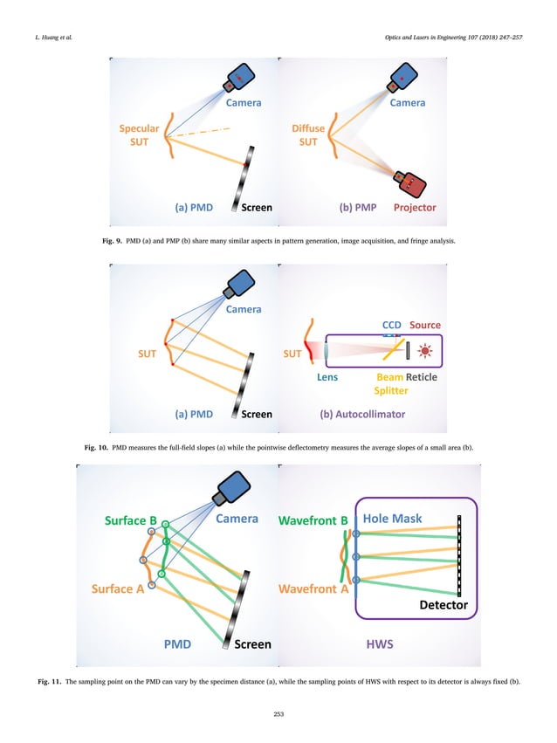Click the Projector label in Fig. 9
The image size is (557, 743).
click(415, 208)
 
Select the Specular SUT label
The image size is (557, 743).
click(139, 135)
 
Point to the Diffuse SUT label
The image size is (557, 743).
click(308, 135)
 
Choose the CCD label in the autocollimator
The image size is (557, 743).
click(392, 325)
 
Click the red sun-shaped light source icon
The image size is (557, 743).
click(427, 351)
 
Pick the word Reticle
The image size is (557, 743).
click(421, 377)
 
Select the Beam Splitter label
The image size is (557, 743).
click(391, 384)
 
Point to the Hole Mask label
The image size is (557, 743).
click(392, 519)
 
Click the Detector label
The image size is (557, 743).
click(442, 604)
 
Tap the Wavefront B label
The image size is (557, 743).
click(314, 520)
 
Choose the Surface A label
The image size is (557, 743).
click(118, 588)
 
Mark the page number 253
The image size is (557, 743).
click(278, 715)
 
